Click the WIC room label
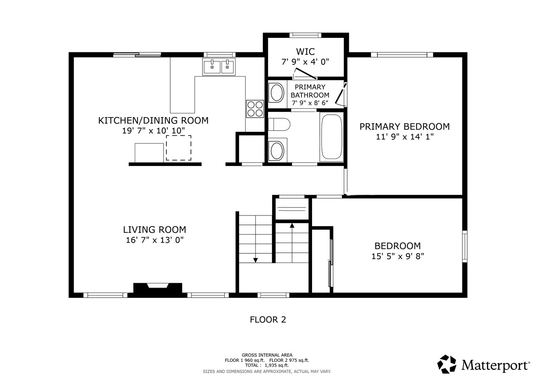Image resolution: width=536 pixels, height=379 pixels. click(305, 52)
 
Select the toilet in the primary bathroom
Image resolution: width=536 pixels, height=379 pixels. click(279, 125)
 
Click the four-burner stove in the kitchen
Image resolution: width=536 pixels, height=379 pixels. click(255, 109)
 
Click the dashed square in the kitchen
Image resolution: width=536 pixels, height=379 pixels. click(179, 148)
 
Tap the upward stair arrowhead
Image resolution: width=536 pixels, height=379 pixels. click(292, 225)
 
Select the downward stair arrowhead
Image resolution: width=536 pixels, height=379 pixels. click(256, 260)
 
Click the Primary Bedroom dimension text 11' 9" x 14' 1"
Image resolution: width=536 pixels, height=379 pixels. click(405, 137)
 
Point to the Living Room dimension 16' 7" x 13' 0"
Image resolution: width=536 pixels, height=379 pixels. click(154, 240)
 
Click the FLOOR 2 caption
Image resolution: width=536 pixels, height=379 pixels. click(268, 320)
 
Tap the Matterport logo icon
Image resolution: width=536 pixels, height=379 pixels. click(447, 364)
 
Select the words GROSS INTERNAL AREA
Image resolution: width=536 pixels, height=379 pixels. click(267, 355)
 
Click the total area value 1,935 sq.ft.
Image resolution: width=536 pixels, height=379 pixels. click(277, 365)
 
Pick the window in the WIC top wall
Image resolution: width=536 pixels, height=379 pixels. click(305, 35)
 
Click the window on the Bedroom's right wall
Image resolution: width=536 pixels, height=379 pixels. click(465, 246)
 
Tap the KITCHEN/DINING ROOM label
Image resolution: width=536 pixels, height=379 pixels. click(153, 120)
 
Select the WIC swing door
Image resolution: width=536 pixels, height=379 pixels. click(306, 74)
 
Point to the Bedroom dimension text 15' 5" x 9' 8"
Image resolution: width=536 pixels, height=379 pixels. click(398, 257)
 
